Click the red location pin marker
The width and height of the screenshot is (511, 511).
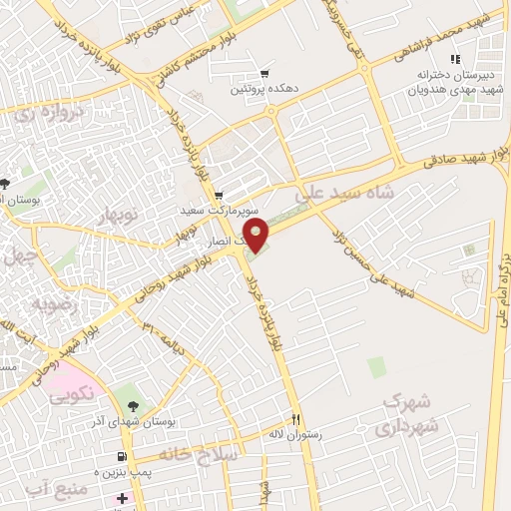[x=256, y=237]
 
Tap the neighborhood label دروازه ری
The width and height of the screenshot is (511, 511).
[x=52, y=116]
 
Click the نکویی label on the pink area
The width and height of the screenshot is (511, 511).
[x=73, y=393]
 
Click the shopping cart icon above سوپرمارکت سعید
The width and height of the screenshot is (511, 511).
[x=219, y=196]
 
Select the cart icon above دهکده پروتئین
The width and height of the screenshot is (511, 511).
[x=264, y=73]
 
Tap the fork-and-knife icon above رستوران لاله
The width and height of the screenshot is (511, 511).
[x=295, y=419]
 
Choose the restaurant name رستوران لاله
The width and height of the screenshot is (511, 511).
[x=303, y=435]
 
